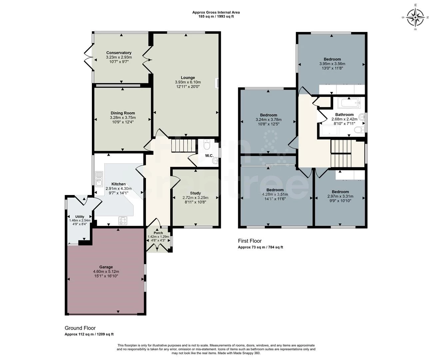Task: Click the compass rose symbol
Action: [x=415, y=17]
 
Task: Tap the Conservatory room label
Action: [x=119, y=53]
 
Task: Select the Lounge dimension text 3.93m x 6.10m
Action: [x=188, y=82]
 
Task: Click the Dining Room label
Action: [x=123, y=113]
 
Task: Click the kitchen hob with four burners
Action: [x=123, y=221]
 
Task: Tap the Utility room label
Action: [x=80, y=217]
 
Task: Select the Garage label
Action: [x=106, y=267]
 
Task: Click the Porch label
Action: [x=158, y=233]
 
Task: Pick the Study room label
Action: [x=195, y=193]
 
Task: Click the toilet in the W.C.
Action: [x=207, y=144]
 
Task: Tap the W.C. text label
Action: [x=209, y=156]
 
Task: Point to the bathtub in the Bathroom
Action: [x=349, y=103]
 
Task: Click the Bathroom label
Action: [x=344, y=114]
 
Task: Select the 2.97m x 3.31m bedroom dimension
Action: [x=340, y=196]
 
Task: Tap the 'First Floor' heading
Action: [x=250, y=241]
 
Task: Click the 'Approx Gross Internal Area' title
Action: [x=216, y=12]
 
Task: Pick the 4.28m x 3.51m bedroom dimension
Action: [x=275, y=194]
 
